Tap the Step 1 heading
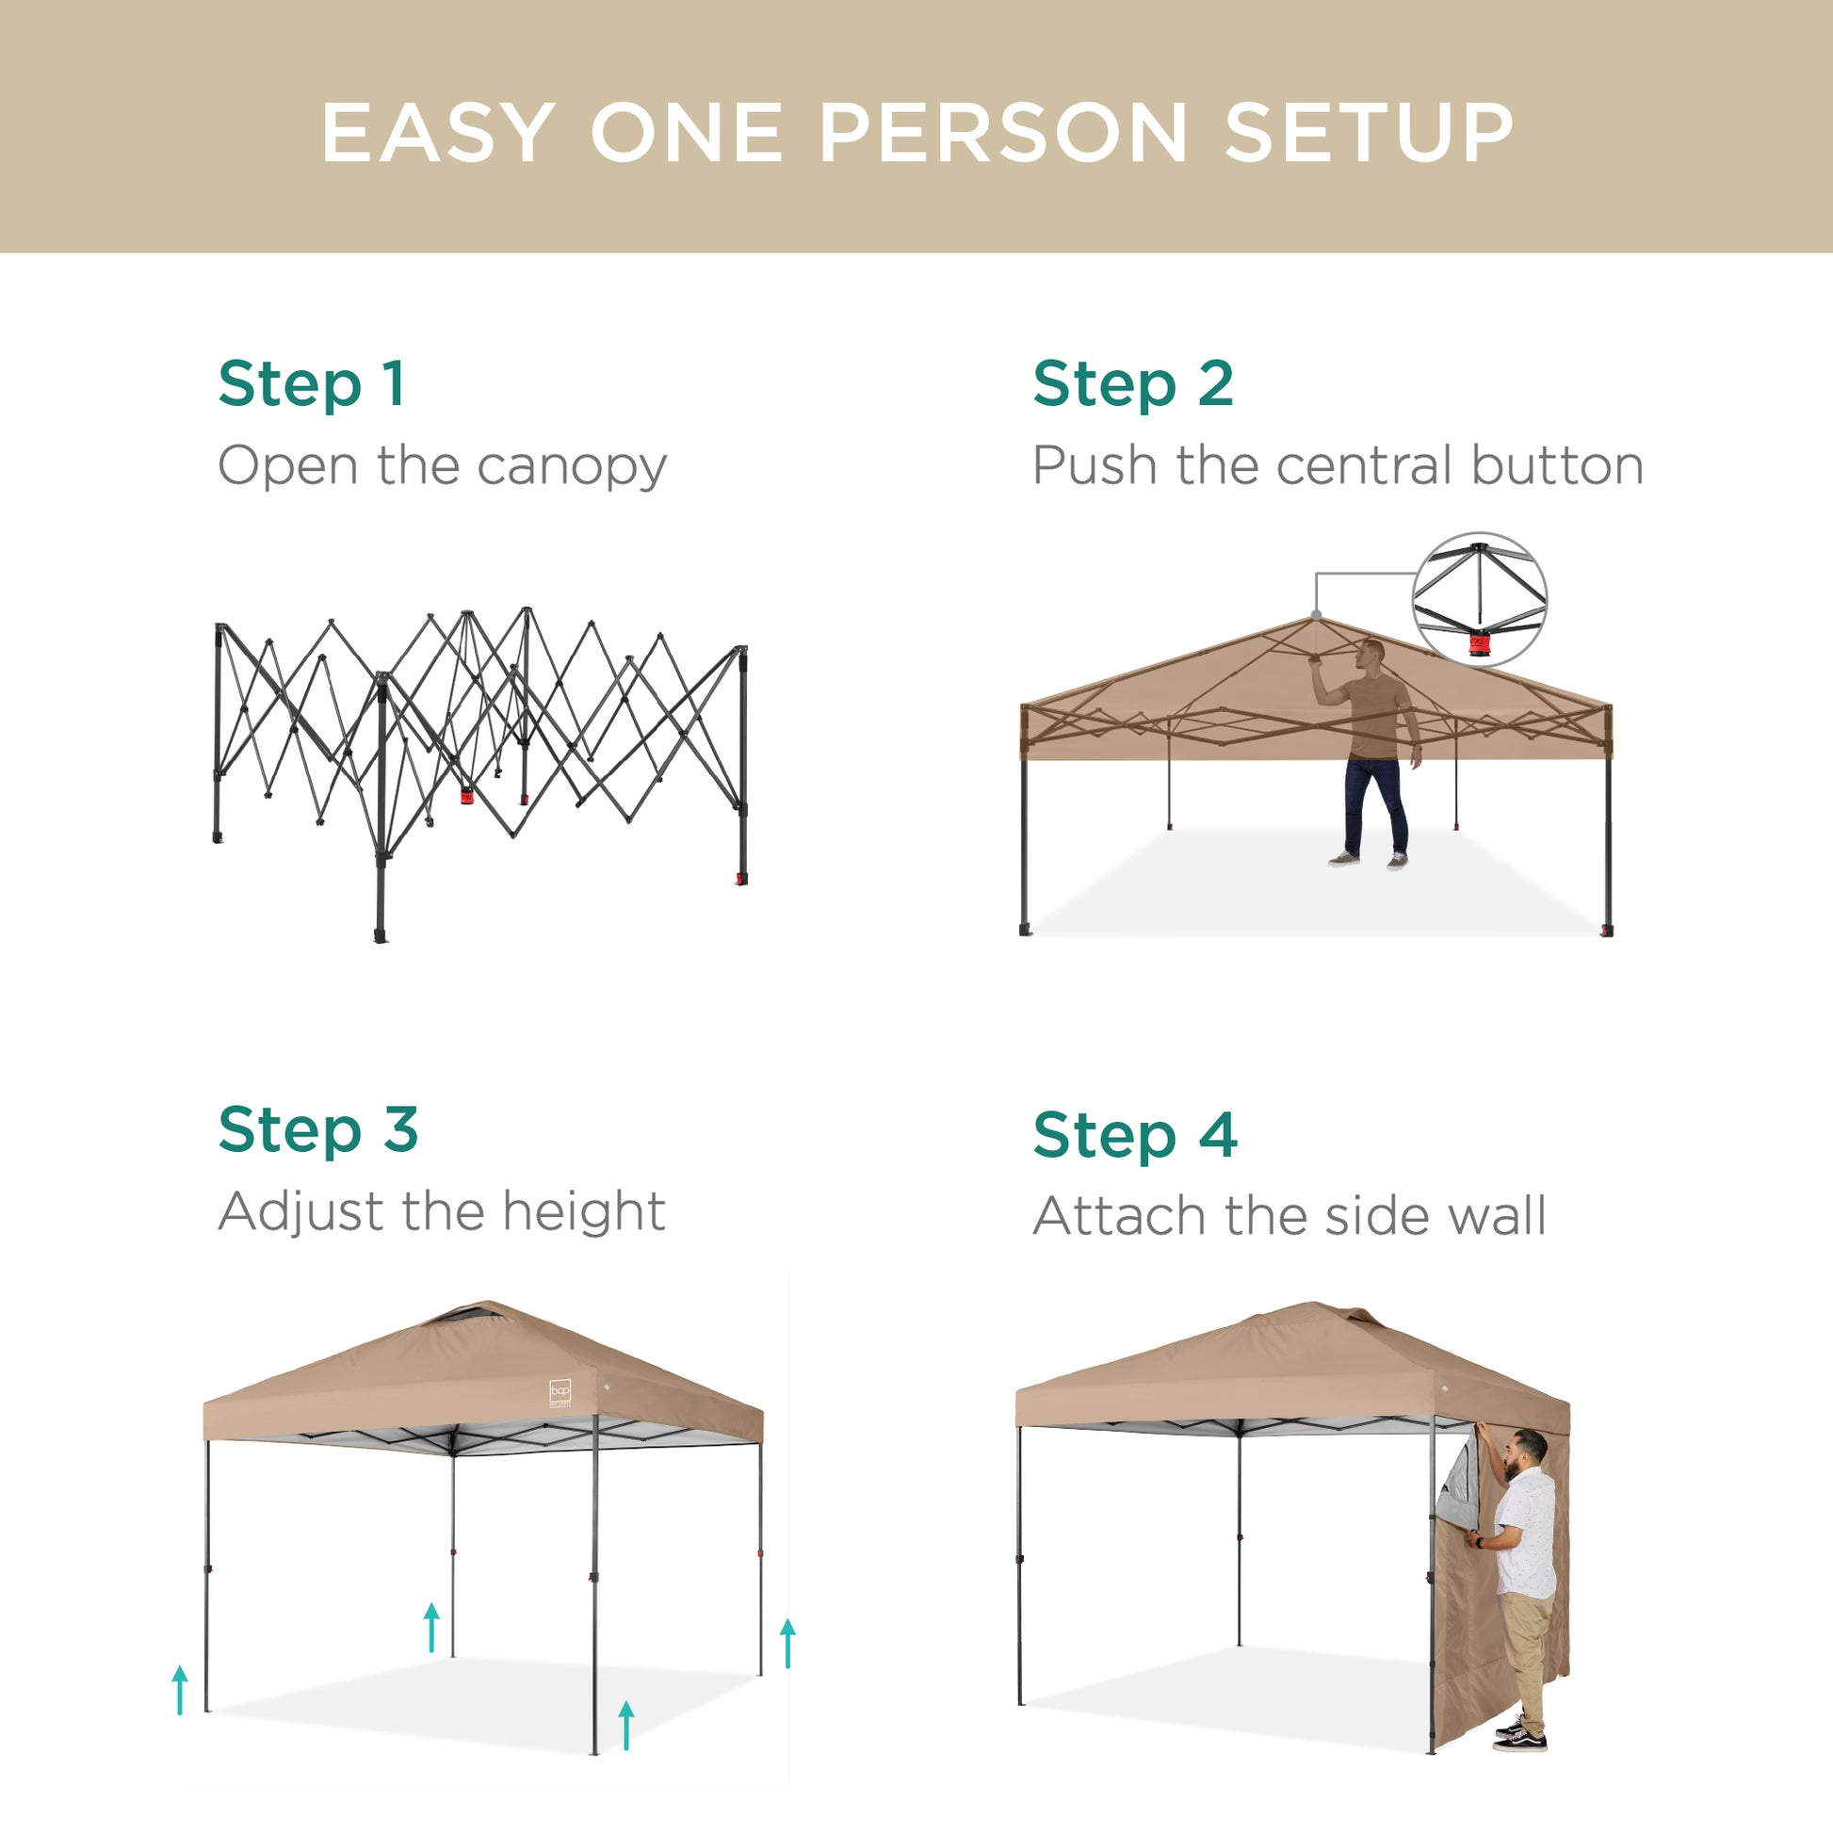[312, 384]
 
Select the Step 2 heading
[1133, 384]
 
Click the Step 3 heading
[317, 1130]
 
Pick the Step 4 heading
[1135, 1135]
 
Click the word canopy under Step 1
[572, 467]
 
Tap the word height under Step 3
[583, 1211]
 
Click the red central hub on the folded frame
[467, 794]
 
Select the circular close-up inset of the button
[1479, 599]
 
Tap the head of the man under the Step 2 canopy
[1371, 653]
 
